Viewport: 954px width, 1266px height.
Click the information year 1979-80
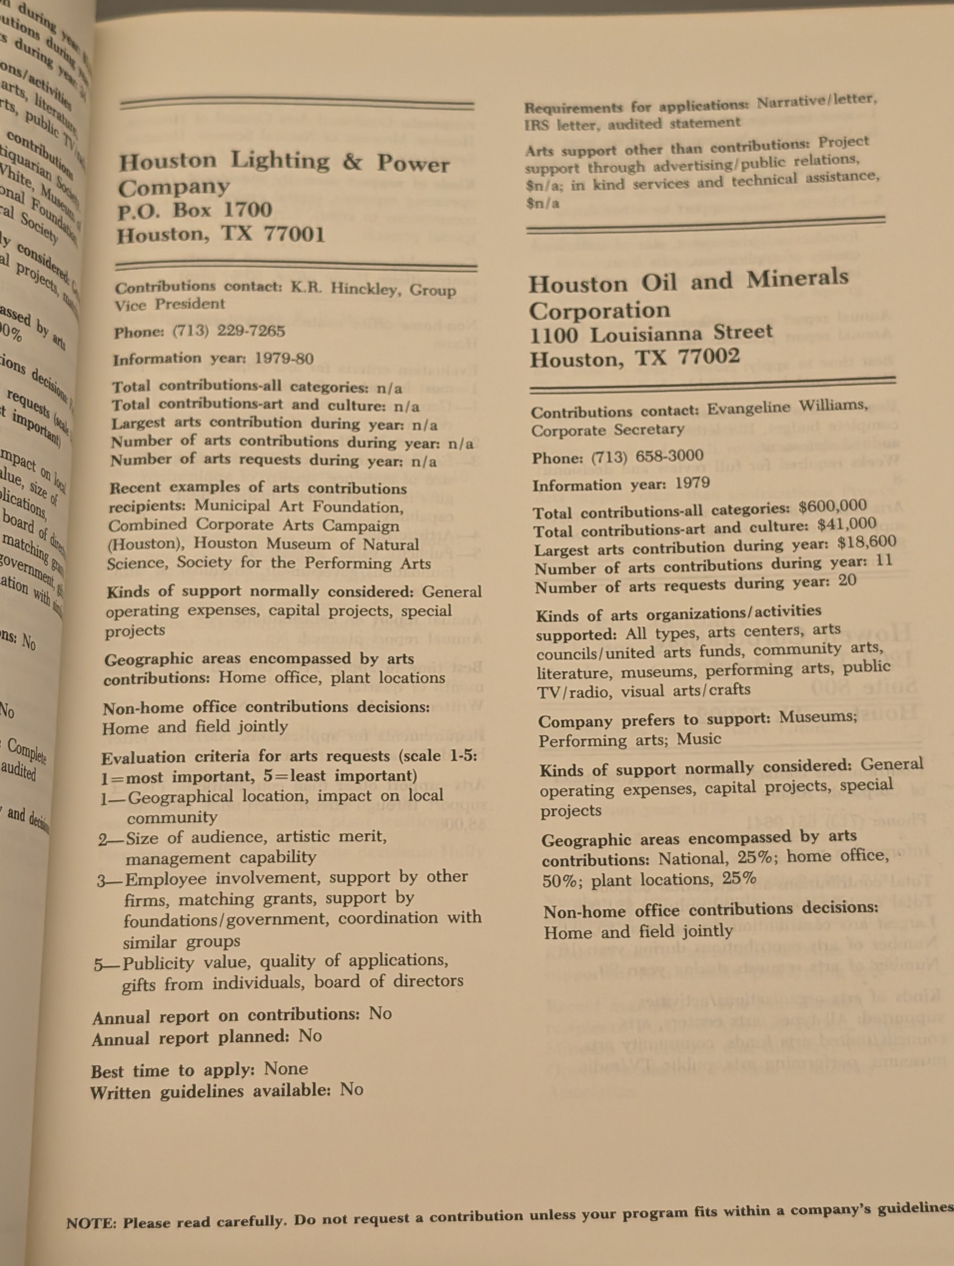284,359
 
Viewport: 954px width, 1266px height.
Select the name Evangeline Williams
787,407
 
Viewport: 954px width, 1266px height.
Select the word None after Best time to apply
286,1069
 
